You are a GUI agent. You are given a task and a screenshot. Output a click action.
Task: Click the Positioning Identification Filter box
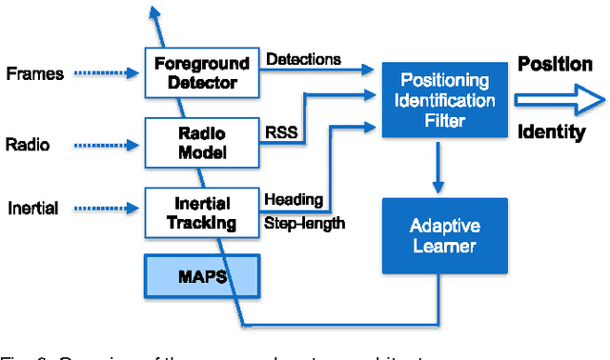pyautogui.click(x=437, y=100)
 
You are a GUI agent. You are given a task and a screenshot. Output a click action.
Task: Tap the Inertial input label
pyautogui.click(x=33, y=208)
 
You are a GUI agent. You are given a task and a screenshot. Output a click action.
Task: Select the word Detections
pyautogui.click(x=302, y=59)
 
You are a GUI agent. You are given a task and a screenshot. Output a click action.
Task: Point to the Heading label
pyautogui.click(x=293, y=200)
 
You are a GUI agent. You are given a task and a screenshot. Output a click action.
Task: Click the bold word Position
pyautogui.click(x=555, y=65)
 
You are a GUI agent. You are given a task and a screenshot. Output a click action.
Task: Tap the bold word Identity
pyautogui.click(x=551, y=132)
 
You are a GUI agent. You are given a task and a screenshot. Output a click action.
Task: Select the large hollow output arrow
pyautogui.click(x=558, y=98)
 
